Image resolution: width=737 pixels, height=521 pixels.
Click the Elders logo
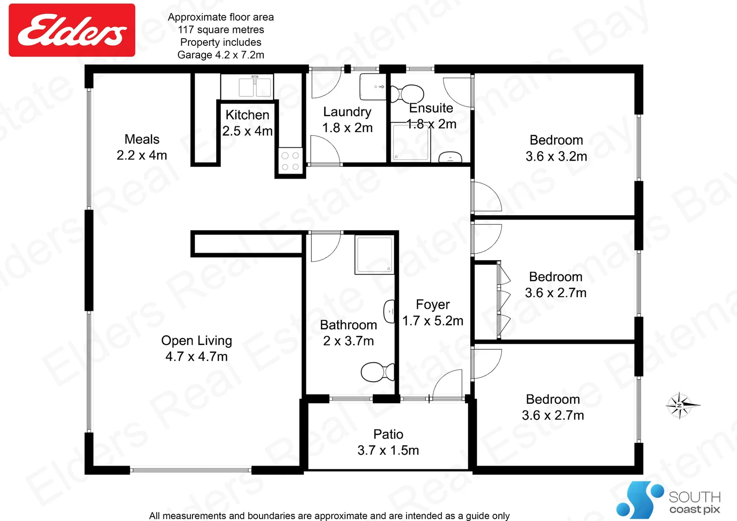(x=72, y=30)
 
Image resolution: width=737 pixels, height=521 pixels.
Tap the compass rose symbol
(x=681, y=405)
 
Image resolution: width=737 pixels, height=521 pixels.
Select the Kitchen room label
(x=247, y=115)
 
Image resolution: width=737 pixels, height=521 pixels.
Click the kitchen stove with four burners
(x=290, y=161)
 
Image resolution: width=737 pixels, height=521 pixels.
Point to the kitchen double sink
(x=255, y=87)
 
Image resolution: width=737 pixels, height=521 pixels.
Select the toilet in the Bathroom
(x=377, y=372)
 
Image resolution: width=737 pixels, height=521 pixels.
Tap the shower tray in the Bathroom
(x=374, y=254)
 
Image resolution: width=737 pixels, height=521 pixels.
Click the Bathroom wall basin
(x=389, y=312)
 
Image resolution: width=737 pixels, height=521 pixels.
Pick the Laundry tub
(x=373, y=87)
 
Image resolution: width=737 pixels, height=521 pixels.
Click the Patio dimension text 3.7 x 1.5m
(x=388, y=450)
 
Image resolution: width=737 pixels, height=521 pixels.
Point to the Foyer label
(x=433, y=304)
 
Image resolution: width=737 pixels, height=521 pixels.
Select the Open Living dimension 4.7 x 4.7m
(x=196, y=356)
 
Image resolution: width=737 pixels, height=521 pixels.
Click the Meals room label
(x=142, y=139)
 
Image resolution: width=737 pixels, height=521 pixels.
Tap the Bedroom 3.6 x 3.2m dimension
(x=556, y=156)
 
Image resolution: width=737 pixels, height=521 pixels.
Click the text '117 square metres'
(x=221, y=30)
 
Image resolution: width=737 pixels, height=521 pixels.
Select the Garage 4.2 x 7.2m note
(x=221, y=55)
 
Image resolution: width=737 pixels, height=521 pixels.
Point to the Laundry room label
(x=347, y=112)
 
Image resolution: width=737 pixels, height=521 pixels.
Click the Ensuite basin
(x=450, y=157)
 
